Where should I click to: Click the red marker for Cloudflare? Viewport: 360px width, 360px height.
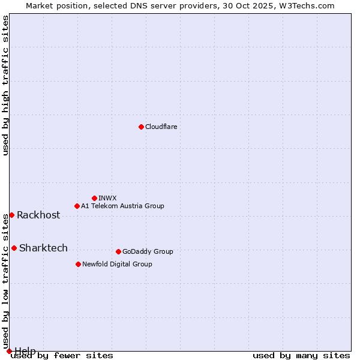[x=141, y=127]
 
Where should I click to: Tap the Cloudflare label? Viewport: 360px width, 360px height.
[x=161, y=127]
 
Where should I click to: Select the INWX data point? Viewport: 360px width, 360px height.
[x=94, y=198]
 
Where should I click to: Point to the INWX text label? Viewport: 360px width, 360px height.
[x=107, y=198]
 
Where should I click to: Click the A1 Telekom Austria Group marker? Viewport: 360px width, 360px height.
[x=77, y=206]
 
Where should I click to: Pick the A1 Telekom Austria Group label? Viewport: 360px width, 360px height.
[x=122, y=206]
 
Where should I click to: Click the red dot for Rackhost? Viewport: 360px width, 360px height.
[x=11, y=215]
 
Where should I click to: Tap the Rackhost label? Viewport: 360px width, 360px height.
[x=38, y=215]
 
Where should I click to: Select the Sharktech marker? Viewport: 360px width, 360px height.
[x=14, y=248]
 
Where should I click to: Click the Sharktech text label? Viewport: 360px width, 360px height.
[x=43, y=248]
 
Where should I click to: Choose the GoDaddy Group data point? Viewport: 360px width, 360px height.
[x=118, y=251]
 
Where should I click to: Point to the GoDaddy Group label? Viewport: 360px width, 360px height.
[x=148, y=251]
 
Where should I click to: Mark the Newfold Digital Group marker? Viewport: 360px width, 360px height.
[x=78, y=264]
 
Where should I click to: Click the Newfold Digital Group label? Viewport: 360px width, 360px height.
[x=117, y=264]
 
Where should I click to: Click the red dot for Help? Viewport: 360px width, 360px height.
[x=9, y=350]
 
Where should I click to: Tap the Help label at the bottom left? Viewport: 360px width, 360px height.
[x=25, y=350]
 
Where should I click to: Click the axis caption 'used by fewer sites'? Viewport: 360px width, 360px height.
[x=62, y=356]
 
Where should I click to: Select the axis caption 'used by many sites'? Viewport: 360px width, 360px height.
[x=301, y=356]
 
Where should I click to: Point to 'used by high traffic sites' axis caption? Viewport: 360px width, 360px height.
[x=5, y=85]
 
